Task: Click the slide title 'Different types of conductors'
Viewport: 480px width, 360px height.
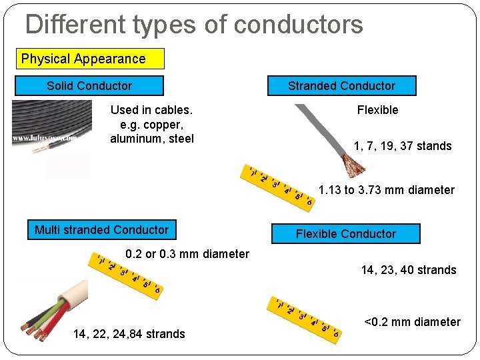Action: pos(194,25)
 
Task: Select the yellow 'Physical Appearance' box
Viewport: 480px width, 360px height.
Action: pos(90,59)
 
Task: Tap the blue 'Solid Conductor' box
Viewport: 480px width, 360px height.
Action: pos(89,86)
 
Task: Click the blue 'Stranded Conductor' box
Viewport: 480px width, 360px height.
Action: pos(341,86)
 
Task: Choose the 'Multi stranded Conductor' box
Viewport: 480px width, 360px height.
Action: pos(101,230)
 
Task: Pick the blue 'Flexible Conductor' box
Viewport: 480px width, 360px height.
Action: pos(345,234)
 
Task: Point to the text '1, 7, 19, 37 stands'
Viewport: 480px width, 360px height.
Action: pos(403,146)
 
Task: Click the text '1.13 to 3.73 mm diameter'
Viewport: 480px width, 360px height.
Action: pos(387,190)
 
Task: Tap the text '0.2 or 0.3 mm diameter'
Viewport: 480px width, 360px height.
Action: pos(187,254)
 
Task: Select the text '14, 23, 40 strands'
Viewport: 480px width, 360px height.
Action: pos(409,270)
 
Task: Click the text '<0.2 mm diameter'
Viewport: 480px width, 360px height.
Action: pos(412,323)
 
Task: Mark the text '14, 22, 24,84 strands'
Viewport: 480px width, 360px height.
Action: pos(129,334)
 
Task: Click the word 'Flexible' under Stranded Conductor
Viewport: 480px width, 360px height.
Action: pos(377,110)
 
